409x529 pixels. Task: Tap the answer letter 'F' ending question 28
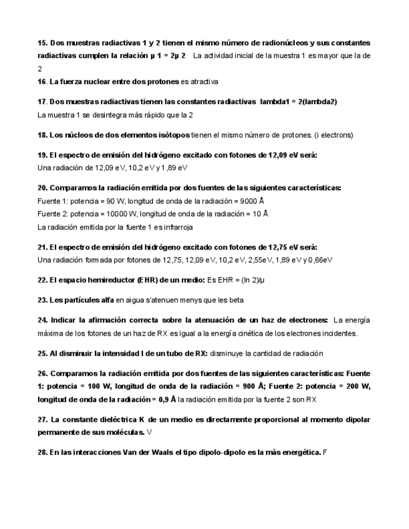click(325, 452)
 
